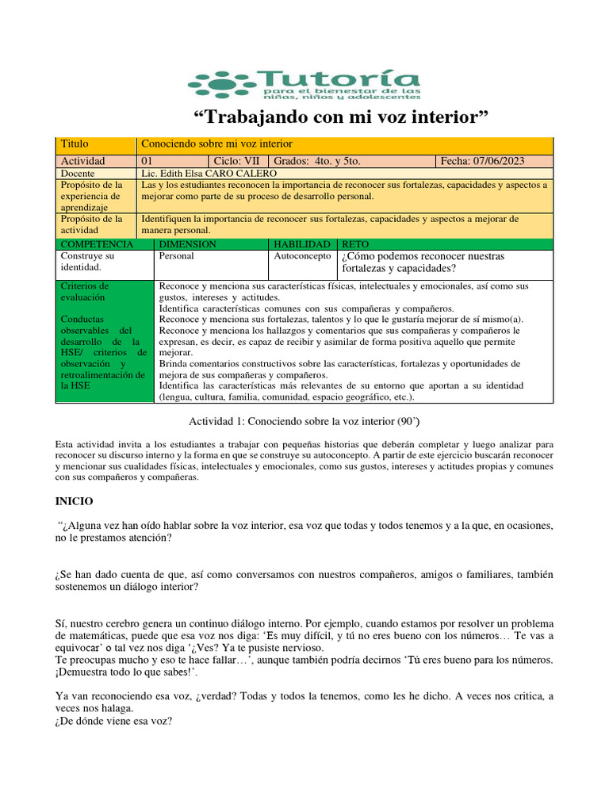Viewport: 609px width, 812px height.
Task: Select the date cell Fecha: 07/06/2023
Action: (x=483, y=161)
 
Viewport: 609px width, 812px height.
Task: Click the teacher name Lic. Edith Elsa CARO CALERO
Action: (x=208, y=173)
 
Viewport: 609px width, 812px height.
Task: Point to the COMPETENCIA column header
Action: (x=97, y=244)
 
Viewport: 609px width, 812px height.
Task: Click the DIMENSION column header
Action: (x=188, y=244)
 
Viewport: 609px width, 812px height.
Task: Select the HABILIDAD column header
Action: (x=301, y=244)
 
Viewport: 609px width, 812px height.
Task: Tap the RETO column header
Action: (x=355, y=244)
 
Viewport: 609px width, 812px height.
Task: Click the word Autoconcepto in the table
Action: (x=301, y=257)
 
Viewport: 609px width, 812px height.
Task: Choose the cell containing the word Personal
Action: (x=176, y=257)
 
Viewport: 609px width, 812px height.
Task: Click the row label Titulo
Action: (x=75, y=144)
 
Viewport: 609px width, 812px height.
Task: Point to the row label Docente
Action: (x=79, y=173)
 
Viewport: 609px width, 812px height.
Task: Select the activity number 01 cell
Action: (x=147, y=161)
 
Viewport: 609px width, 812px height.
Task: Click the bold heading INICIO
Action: (x=74, y=502)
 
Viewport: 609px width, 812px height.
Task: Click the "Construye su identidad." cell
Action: (x=87, y=262)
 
